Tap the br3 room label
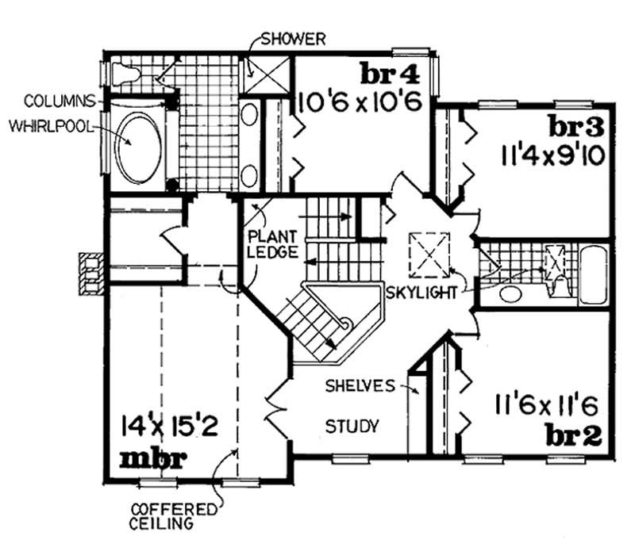click(x=577, y=126)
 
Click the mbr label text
click(x=153, y=459)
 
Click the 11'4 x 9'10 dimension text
click(x=553, y=152)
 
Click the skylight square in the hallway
click(x=429, y=253)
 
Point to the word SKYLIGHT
click(x=422, y=292)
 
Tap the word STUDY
click(x=352, y=425)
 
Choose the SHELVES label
click(x=360, y=386)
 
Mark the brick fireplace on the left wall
click(x=90, y=274)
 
